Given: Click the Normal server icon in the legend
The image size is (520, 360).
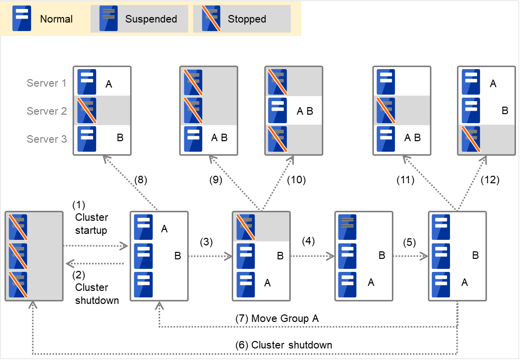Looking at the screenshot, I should point(22,19).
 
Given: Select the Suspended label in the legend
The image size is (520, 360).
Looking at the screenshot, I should point(151,19).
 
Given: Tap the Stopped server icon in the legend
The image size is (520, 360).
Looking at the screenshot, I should point(211,19).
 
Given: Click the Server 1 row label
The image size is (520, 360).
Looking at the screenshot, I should point(47,83).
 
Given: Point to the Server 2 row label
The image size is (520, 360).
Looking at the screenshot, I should point(47,111).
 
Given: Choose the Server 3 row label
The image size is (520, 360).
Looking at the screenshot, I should point(47,139).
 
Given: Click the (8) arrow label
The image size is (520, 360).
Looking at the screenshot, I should point(142,179).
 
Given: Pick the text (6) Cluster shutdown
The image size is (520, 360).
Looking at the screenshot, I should point(283,345).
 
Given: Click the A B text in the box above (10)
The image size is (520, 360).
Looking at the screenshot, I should point(304,111).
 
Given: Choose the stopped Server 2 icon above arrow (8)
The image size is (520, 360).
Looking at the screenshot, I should point(87,111).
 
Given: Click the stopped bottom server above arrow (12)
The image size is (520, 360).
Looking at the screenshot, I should point(471,139).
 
